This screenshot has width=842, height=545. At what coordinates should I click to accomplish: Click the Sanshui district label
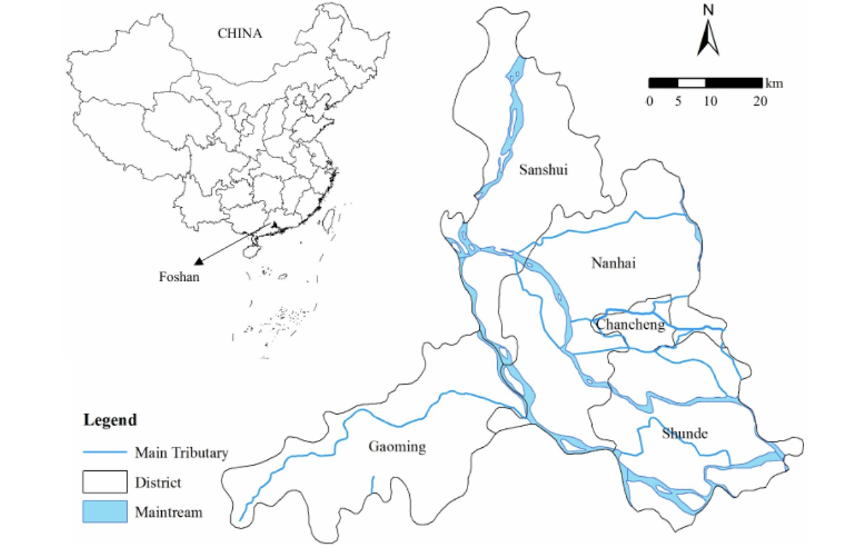pos(543,169)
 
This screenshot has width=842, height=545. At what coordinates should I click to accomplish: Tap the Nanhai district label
pos(613,263)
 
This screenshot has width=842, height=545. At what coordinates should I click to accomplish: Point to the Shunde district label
pos(684,434)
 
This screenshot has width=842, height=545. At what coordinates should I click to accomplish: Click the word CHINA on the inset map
pos(239,33)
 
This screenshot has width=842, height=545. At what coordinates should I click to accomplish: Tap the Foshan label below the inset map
pos(179,277)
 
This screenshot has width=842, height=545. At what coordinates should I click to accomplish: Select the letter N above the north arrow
pos(708,10)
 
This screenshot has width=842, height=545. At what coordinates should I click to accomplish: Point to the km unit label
pos(774,83)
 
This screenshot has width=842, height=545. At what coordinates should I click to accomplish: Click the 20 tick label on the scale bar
pos(760,101)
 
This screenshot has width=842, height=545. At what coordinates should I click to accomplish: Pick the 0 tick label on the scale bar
pos(649,101)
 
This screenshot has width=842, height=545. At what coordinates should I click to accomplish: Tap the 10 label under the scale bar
pos(709,101)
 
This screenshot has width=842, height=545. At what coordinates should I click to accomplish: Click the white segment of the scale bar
pos(691,83)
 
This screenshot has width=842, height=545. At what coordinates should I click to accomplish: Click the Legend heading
pos(110,420)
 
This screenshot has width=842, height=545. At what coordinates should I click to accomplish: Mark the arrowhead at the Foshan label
pos(199,259)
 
